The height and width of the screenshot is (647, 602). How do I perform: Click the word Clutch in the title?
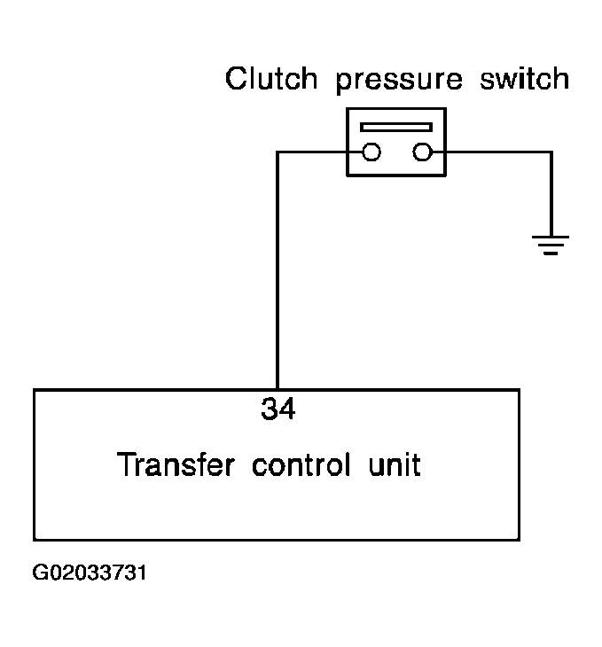tap(271, 78)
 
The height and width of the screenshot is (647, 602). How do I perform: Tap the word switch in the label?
tap(524, 78)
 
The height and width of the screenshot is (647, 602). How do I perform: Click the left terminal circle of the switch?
tap(371, 152)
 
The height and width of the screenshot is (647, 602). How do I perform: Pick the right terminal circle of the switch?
tap(422, 152)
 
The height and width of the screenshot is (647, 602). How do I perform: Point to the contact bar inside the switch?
tap(396, 127)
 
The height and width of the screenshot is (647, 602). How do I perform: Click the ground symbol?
tap(551, 246)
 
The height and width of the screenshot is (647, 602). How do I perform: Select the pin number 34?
tap(278, 409)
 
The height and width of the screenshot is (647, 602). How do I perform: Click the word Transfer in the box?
tap(176, 464)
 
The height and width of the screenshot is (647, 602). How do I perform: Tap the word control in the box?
tap(301, 464)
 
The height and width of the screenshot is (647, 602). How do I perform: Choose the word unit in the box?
tap(395, 464)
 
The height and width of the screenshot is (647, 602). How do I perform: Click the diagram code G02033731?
tap(90, 573)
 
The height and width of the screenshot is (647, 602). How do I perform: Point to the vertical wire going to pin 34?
tap(278, 270)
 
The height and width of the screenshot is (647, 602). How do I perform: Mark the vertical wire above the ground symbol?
tap(551, 194)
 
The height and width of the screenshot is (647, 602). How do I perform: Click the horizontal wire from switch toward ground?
tap(491, 152)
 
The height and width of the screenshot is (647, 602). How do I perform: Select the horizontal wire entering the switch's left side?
tap(319, 152)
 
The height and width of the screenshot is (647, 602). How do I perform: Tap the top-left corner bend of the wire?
tap(278, 152)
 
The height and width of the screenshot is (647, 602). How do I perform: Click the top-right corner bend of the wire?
tap(551, 152)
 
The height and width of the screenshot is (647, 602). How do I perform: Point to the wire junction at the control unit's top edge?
tap(278, 389)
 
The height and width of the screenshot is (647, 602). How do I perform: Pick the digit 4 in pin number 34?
tap(287, 409)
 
